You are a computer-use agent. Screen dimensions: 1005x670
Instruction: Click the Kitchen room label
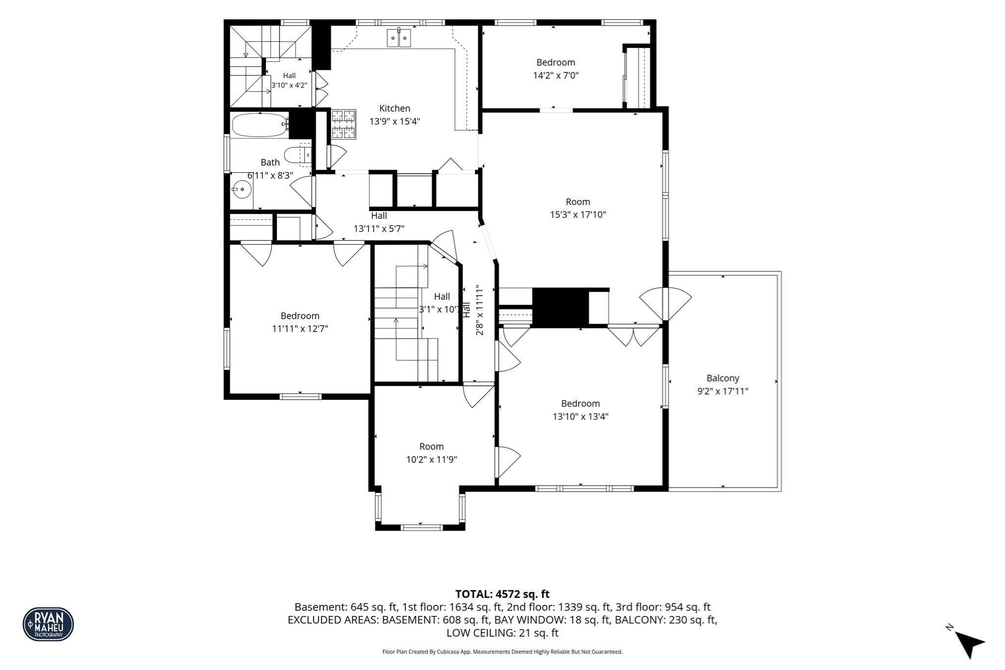395,108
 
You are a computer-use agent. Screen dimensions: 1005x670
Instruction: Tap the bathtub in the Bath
260,125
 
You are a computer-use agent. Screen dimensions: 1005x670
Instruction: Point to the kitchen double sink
399,38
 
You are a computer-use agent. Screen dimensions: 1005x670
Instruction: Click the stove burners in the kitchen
343,125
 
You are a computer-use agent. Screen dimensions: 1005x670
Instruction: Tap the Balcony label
723,378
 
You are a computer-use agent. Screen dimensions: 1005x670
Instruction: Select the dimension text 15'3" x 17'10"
578,214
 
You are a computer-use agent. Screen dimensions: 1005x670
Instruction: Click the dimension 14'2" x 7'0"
555,76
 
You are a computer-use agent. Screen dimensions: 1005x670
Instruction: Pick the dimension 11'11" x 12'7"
300,329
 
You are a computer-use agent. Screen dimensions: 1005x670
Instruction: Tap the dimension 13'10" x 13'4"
581,416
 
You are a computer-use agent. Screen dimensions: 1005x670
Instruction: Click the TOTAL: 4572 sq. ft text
502,594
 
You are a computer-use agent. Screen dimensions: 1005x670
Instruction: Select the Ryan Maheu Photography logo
48,624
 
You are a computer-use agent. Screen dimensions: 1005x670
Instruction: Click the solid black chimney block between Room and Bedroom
560,307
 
